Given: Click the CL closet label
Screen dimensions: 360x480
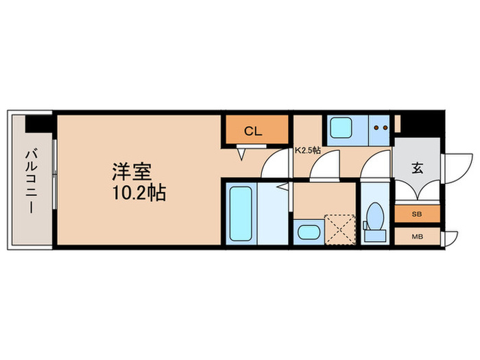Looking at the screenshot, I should pyautogui.click(x=254, y=132).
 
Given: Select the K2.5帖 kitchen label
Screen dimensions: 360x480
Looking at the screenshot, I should pyautogui.click(x=308, y=149).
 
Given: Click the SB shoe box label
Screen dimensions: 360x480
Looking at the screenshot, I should pyautogui.click(x=416, y=215).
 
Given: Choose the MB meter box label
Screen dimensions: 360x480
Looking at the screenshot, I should pyautogui.click(x=416, y=237).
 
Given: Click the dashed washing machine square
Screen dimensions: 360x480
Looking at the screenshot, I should pyautogui.click(x=339, y=228).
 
